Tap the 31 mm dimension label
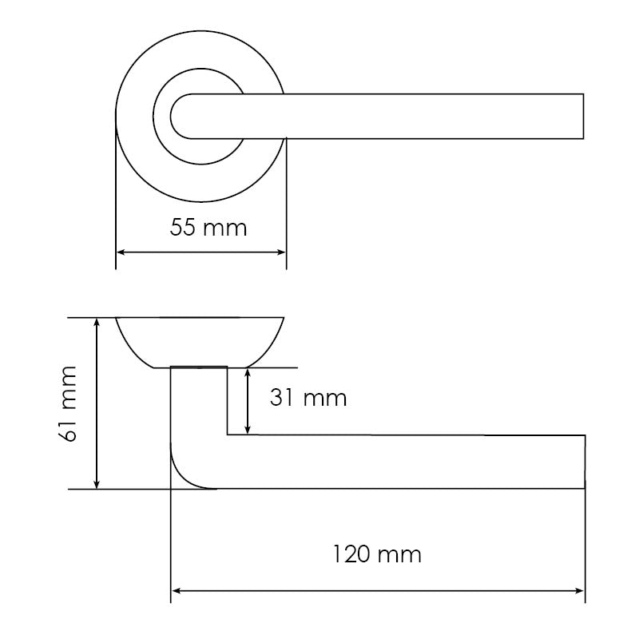[308, 398]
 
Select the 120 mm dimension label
[376, 554]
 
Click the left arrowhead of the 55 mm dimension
[120, 252]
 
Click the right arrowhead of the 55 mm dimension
[282, 252]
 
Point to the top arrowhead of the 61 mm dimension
[97, 322]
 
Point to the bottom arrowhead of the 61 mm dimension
[97, 484]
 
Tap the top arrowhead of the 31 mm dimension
[250, 372]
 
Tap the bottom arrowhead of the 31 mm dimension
[250, 431]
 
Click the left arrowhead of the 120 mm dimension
[176, 592]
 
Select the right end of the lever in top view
[581, 116]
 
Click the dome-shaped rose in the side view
[200, 339]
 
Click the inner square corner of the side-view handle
[228, 435]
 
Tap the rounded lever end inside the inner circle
[177, 116]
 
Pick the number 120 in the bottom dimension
[353, 554]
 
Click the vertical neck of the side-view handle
[199, 407]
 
